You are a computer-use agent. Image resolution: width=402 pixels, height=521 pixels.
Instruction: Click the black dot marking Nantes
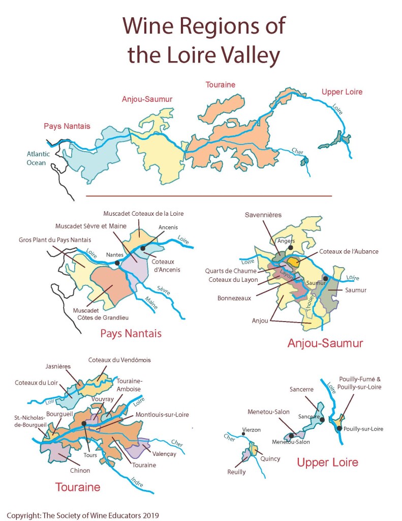(117, 263)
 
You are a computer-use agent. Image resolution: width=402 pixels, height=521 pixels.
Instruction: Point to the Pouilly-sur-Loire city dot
(339, 428)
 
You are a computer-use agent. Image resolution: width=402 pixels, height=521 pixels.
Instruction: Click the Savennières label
(263, 215)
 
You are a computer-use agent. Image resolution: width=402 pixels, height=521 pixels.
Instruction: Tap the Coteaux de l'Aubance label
(349, 251)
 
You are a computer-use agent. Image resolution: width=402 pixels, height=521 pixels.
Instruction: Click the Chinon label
(80, 471)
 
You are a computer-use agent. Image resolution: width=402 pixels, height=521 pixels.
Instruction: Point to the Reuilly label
(236, 472)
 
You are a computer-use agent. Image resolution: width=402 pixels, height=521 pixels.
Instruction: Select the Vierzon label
(251, 430)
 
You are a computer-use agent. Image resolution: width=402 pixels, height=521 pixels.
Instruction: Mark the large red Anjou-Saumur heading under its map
(325, 343)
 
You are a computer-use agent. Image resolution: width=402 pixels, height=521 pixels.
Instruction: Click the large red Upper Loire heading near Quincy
(327, 462)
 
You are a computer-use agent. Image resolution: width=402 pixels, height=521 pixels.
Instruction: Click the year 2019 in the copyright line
(150, 515)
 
